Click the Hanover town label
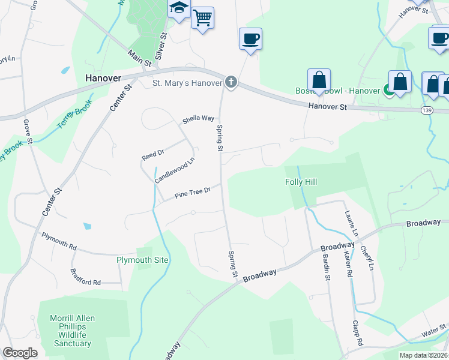103,78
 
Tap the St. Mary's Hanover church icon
231,83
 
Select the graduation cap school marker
179,9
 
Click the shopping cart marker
203,18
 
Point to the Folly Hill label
301,182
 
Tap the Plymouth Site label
142,260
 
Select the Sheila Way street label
198,119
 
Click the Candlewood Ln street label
175,170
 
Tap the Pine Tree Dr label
192,193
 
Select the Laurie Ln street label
352,223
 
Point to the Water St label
433,330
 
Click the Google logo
20,353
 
